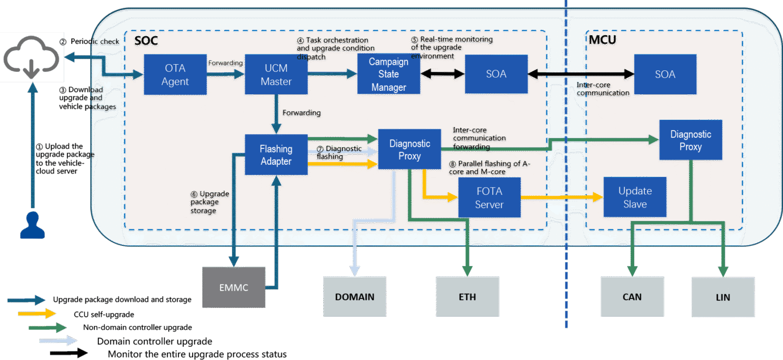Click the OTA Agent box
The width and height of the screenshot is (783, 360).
click(175, 74)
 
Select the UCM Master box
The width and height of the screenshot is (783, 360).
click(276, 74)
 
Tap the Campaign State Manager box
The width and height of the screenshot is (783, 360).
click(388, 74)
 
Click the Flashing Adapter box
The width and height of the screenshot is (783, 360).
click(276, 155)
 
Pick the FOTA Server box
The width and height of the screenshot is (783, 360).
click(489, 198)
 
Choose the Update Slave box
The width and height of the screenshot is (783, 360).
click(635, 197)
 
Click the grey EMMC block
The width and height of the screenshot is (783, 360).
click(234, 288)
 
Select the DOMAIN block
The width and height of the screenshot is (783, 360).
click(355, 297)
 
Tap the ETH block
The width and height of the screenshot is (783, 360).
click(467, 297)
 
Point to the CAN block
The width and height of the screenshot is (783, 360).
click(632, 297)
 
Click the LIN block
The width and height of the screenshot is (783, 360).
click(722, 297)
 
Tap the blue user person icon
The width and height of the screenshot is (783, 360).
click(32, 225)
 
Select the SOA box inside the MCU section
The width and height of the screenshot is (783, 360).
click(665, 74)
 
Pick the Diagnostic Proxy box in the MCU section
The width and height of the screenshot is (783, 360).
click(690, 140)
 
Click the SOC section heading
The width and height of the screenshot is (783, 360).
click(146, 40)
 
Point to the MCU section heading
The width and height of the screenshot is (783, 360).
click(602, 40)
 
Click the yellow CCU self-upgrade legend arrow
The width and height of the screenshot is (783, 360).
click(36, 314)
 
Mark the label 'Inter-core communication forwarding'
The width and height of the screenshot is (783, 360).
click(479, 138)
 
